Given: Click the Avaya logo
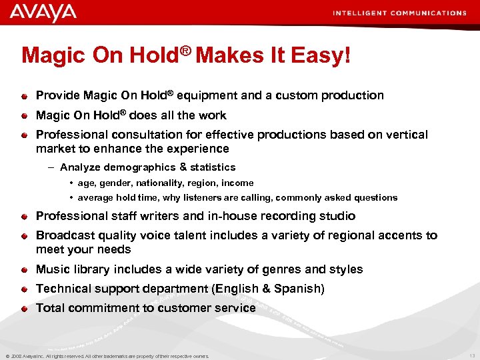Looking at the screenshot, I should [x=43, y=13].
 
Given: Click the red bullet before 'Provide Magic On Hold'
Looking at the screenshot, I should [x=25, y=96].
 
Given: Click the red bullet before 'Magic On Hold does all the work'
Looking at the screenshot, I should [x=25, y=116].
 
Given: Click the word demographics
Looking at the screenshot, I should [x=145, y=167].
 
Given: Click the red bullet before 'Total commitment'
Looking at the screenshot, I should [x=25, y=309].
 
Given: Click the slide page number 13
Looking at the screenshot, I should [x=472, y=356].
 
